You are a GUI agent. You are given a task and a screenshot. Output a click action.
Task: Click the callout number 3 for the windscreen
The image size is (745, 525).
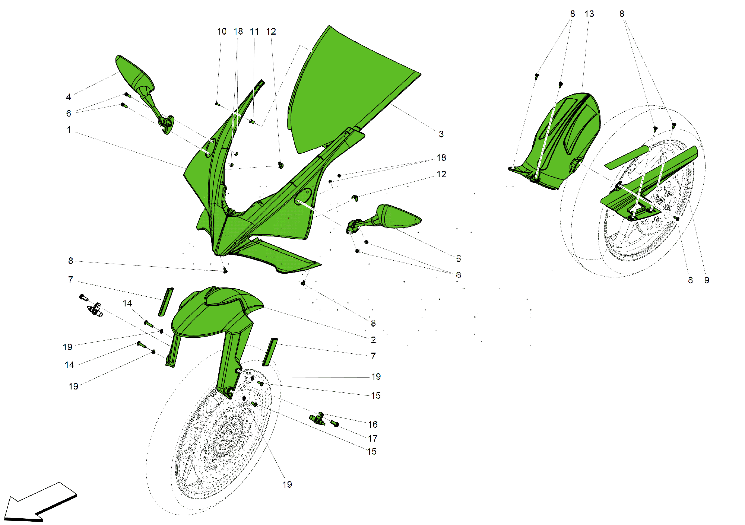441,134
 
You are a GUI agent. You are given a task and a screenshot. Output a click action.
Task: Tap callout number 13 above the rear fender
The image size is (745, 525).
589,14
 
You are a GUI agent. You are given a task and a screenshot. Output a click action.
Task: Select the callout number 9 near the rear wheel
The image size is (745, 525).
707,280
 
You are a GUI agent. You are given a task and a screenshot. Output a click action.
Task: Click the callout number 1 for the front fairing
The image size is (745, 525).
69,130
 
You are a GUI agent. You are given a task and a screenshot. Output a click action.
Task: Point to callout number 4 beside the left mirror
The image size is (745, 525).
69,97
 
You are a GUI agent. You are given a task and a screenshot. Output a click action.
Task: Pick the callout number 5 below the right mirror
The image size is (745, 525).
459,258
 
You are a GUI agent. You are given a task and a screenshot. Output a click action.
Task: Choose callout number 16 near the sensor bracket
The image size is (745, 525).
372,424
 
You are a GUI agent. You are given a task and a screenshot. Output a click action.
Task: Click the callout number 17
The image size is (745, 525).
372,438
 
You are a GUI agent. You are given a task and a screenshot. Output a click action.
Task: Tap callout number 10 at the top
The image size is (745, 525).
222,32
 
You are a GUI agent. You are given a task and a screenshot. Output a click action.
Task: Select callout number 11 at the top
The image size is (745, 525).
254,32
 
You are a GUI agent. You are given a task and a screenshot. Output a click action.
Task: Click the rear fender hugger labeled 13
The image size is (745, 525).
566,138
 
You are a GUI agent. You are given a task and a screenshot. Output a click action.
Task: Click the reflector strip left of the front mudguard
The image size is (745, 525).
166,302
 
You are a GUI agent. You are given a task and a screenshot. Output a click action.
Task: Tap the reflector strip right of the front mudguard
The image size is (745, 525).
270,352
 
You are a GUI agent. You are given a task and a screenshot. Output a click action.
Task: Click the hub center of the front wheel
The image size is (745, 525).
225,436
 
